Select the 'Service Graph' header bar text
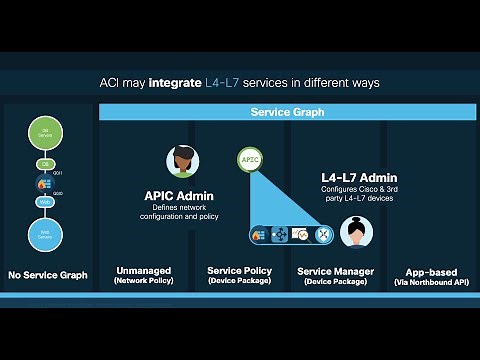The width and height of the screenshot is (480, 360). tap(287, 113)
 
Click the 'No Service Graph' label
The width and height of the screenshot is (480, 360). tap(47, 275)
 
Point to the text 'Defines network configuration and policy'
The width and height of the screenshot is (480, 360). tap(181, 212)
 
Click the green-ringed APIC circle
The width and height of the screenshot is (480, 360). tap(249, 158)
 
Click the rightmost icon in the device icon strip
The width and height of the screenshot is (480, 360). tap(323, 234)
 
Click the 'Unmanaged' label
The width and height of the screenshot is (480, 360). tap(143, 271)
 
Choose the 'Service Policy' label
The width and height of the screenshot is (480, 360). tap(236, 271)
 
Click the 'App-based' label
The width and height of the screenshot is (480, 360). tap(431, 271)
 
